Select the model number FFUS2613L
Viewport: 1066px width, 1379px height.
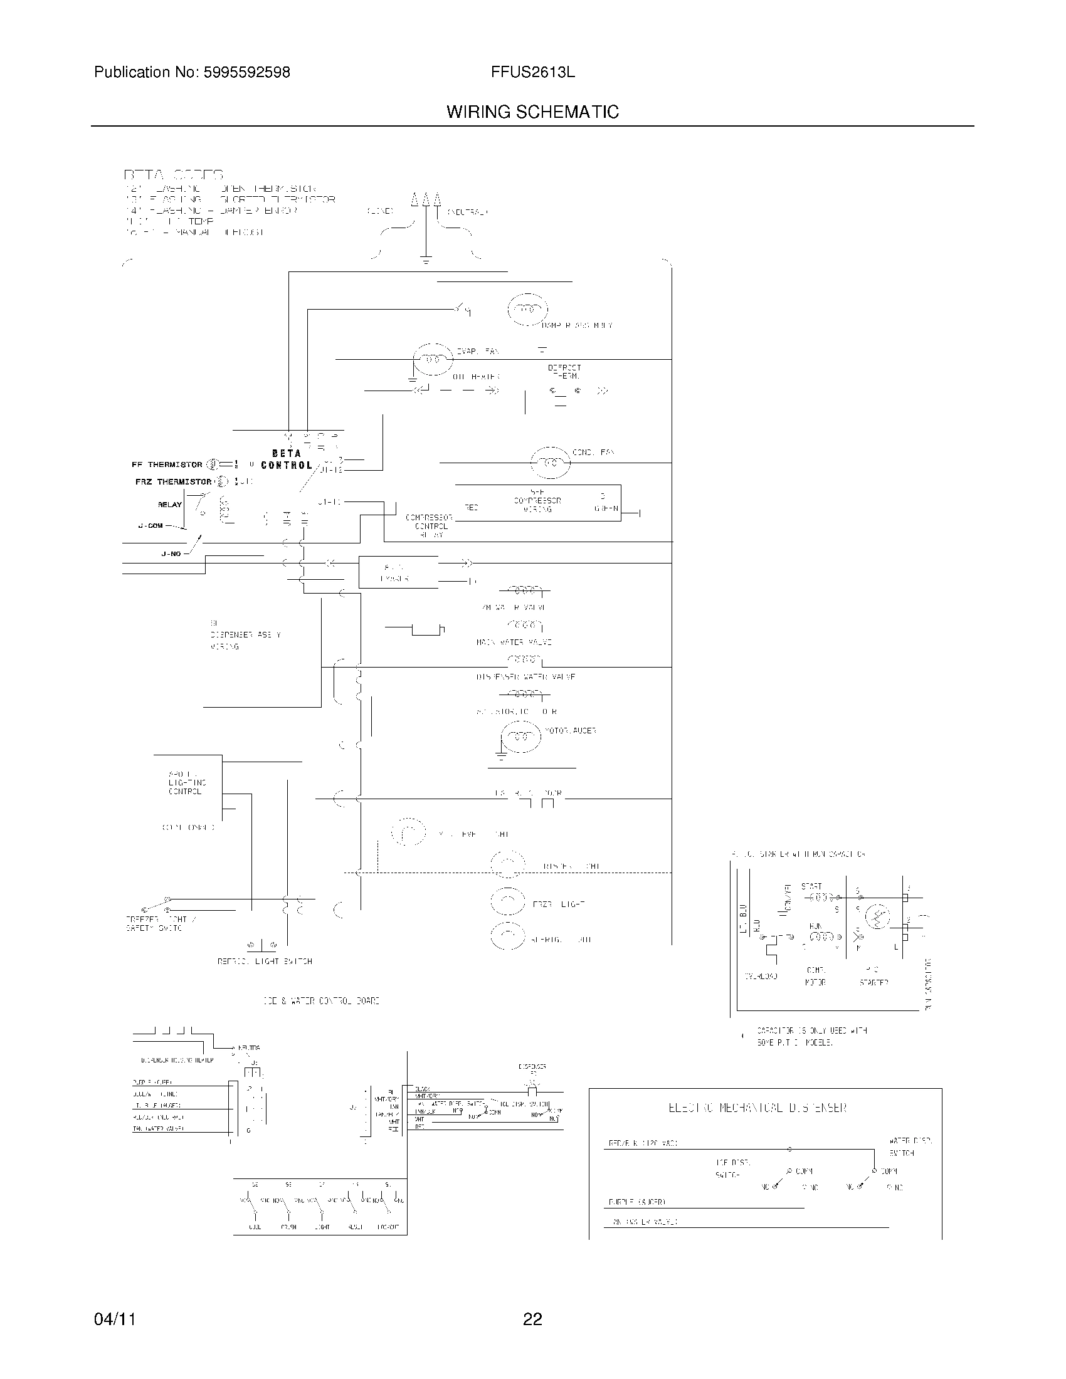point(532,73)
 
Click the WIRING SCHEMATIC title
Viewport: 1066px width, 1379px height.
point(532,112)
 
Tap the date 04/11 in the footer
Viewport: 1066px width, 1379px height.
point(114,1319)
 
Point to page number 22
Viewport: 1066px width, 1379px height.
point(532,1319)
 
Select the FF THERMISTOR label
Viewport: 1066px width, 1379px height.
point(167,464)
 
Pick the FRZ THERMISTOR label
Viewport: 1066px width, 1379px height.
point(173,482)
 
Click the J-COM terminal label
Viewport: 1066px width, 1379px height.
point(150,525)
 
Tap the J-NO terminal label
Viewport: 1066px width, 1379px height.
point(171,553)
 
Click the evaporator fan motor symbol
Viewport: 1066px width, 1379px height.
point(433,359)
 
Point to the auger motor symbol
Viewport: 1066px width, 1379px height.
point(521,737)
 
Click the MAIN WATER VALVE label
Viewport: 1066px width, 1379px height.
point(514,642)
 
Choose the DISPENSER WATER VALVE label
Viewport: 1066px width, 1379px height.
point(525,677)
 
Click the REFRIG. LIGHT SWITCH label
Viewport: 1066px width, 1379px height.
point(265,962)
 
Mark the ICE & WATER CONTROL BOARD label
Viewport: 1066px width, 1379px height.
point(322,1001)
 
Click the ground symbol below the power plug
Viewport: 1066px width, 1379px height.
point(426,260)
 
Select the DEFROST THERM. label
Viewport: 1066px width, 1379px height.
point(564,371)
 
